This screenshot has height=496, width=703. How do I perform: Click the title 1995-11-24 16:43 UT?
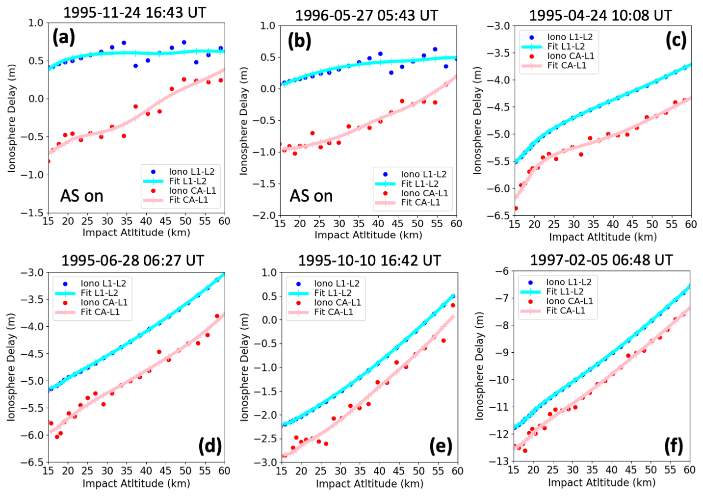(134, 12)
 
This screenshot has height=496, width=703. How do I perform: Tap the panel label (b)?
(299, 41)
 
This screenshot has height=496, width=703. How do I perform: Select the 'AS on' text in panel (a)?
(81, 196)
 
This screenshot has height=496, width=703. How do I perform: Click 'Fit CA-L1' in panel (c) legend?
(567, 65)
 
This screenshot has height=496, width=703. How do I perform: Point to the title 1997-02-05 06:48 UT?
(601, 260)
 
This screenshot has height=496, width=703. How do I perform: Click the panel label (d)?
(210, 446)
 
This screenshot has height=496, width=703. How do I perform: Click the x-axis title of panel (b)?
(368, 235)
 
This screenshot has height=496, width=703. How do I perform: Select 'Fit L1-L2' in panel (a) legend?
(188, 181)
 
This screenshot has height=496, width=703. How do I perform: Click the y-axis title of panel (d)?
(11, 367)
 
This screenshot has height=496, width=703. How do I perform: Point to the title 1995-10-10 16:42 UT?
(369, 261)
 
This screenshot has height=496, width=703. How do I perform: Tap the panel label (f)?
(673, 446)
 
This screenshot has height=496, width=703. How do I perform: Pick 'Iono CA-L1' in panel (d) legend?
(104, 302)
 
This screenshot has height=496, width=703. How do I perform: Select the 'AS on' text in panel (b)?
(311, 196)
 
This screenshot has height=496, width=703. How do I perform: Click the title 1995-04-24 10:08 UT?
(600, 15)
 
